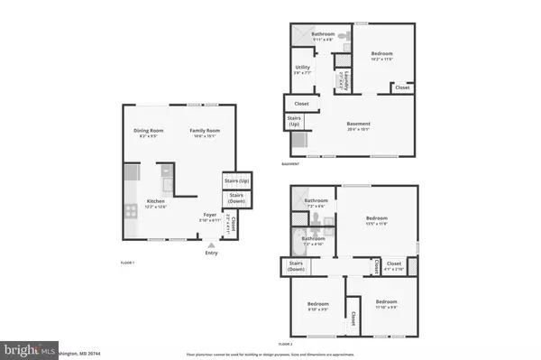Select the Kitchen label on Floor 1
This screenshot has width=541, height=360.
(x=156, y=202)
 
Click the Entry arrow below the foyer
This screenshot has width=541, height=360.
(x=212, y=245)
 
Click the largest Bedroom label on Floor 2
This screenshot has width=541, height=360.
(x=377, y=218)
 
